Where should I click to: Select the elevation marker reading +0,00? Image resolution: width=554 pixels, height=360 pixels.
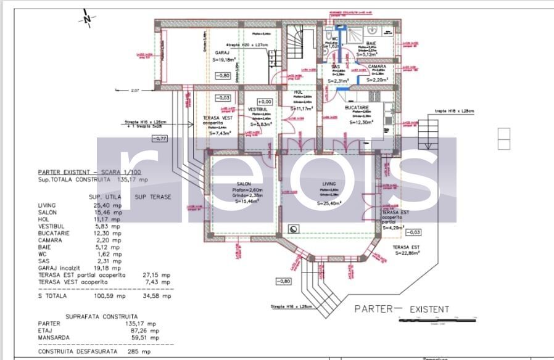(265, 102)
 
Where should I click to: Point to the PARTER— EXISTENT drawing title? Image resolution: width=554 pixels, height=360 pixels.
(402, 309)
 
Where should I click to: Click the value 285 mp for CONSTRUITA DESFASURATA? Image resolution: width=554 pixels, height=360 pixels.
(141, 351)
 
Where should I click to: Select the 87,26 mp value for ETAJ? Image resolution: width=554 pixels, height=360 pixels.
(147, 330)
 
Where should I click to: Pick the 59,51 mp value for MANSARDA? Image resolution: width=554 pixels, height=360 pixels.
(147, 338)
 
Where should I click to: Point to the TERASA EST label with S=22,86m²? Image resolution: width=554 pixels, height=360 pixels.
(406, 249)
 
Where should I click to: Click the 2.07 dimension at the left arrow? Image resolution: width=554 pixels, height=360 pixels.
(135, 91)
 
